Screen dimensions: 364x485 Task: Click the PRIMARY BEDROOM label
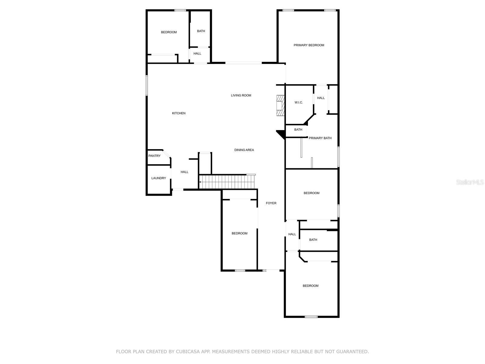pos(309,45)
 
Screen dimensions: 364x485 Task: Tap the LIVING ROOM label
pos(241,95)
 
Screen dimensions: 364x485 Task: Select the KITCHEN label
pos(179,113)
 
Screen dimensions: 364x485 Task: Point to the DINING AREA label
pos(244,150)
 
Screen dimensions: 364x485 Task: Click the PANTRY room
pos(155,156)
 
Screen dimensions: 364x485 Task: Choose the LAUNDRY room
pos(159,178)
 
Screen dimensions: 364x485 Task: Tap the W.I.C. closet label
pos(299,103)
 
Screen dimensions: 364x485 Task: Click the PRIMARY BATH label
pos(320,138)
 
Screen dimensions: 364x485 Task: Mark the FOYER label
pos(271,203)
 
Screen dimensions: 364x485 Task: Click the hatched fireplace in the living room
pos(280,106)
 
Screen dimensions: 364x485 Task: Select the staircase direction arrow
pos(200,182)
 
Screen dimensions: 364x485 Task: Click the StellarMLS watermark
pos(470,182)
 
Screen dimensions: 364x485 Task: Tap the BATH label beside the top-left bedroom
pos(201,31)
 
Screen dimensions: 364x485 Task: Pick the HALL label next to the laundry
pos(184,172)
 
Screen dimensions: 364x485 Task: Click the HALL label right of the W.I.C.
pos(321,98)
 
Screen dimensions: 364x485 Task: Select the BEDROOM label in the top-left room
pos(169,32)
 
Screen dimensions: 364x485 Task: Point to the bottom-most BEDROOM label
pos(310,286)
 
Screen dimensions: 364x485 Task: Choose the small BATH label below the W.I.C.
pos(298,130)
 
